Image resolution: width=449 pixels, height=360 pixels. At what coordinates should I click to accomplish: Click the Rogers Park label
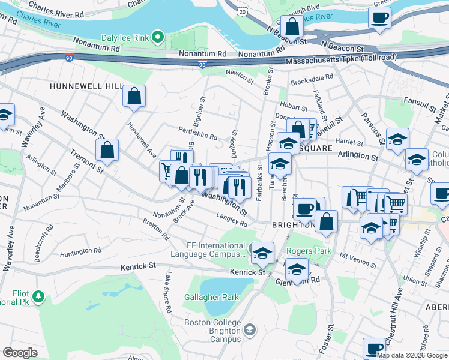(x=305, y=251)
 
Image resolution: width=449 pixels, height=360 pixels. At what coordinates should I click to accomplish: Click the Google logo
(x=20, y=352)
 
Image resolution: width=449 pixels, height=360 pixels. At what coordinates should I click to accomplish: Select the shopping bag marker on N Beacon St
(x=292, y=27)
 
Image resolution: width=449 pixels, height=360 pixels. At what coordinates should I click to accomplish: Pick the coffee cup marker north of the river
(x=379, y=17)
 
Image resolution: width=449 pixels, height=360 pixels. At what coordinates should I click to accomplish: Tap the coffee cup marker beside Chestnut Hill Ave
(x=375, y=349)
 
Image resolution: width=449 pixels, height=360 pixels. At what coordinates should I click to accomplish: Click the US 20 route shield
(x=241, y=11)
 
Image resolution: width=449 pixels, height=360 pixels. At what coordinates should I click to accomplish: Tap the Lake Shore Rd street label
(x=167, y=294)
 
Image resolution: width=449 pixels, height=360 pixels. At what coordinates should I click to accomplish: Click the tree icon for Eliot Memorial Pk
(x=38, y=296)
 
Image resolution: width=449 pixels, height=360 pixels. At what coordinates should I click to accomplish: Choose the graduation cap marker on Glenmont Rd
(x=296, y=269)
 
